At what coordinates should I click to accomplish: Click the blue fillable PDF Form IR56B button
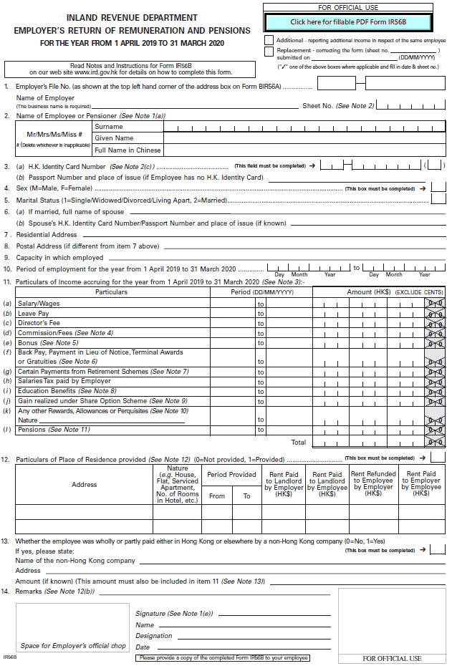click(x=348, y=22)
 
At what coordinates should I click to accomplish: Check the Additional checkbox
click(x=269, y=41)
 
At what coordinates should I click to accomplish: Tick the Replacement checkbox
click(x=269, y=52)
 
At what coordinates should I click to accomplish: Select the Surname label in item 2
click(x=109, y=127)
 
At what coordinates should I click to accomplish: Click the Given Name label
click(x=114, y=138)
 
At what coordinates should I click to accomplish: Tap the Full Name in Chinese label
click(x=128, y=150)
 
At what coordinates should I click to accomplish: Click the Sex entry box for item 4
click(x=438, y=188)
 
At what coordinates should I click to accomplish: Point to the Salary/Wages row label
click(x=39, y=304)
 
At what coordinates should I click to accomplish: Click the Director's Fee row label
click(x=40, y=323)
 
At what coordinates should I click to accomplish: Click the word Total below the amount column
click(x=299, y=442)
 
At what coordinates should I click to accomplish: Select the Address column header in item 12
click(x=84, y=485)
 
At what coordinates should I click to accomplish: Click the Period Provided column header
click(x=231, y=475)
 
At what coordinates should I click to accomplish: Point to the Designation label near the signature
click(x=154, y=636)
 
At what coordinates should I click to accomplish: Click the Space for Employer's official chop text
click(x=73, y=646)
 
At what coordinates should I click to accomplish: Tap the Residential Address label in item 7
click(x=47, y=234)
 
